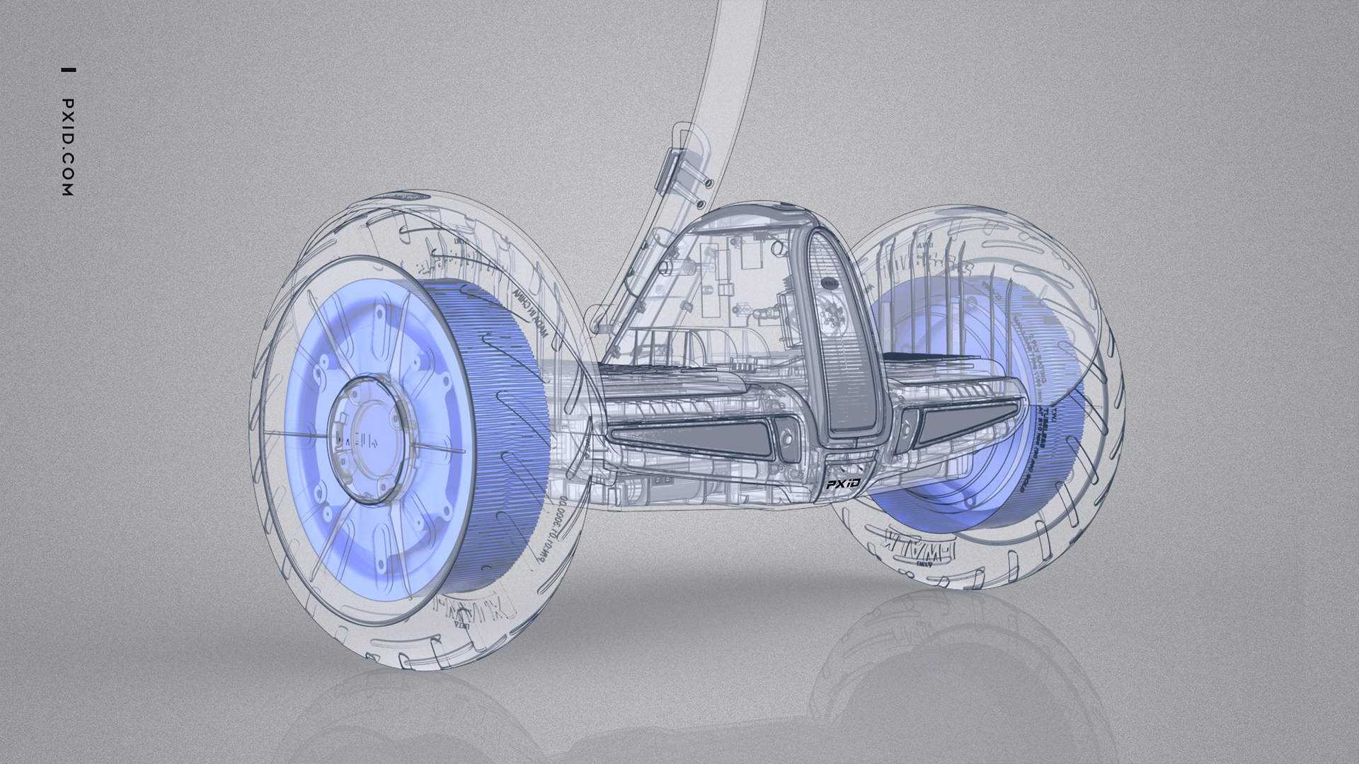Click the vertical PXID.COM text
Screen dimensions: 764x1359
point(68,147)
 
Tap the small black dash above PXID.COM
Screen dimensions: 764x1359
point(68,70)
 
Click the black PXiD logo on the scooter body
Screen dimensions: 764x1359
point(843,485)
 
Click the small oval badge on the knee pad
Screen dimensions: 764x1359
point(830,283)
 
